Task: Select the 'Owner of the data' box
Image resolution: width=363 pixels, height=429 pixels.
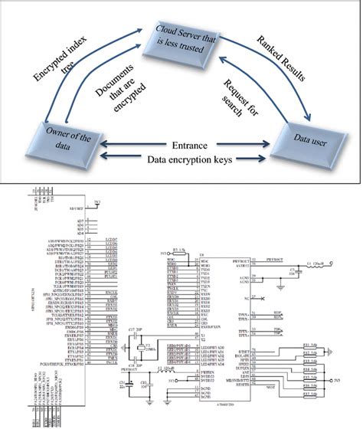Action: [47, 143]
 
